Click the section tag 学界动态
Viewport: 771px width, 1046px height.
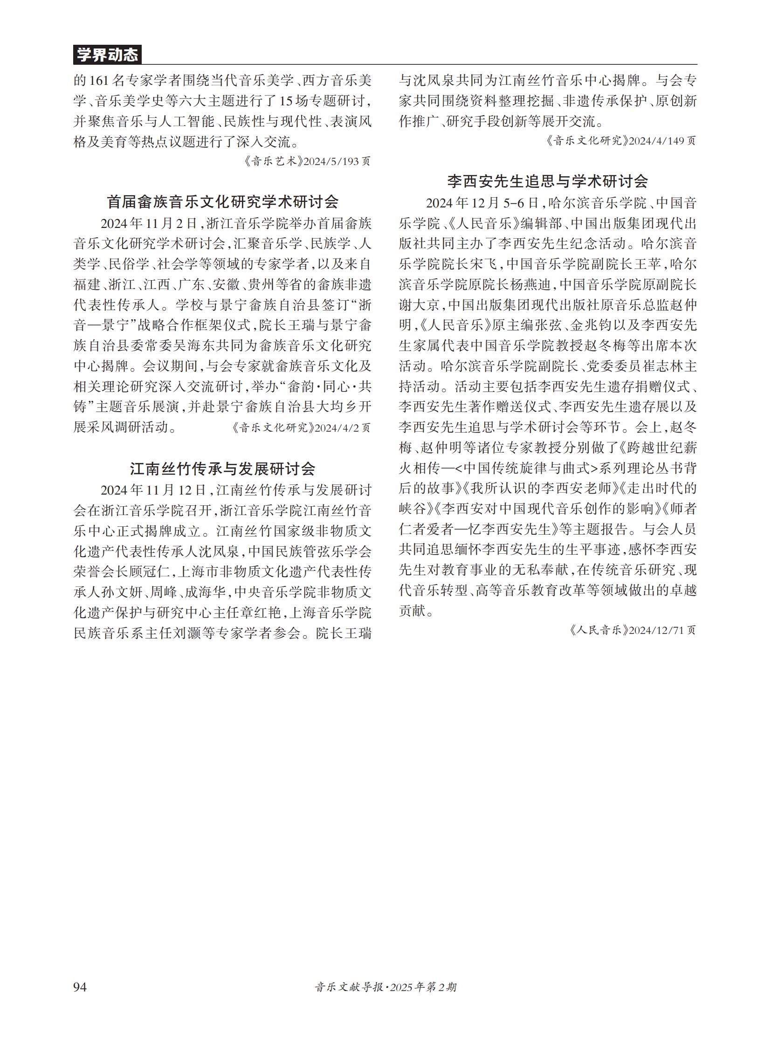coord(107,55)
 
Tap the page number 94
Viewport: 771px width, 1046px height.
coord(80,986)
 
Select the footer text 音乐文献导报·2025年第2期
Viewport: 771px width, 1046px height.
coord(385,987)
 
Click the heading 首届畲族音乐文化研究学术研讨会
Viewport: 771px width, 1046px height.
coord(223,202)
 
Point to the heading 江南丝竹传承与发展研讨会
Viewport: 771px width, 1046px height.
coord(223,468)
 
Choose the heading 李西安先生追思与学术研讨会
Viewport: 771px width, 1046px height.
coord(547,181)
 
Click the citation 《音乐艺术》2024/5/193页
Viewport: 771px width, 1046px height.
coord(307,161)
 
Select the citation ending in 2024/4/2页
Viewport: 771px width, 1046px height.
coord(301,427)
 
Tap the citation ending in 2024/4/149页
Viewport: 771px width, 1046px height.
coord(621,140)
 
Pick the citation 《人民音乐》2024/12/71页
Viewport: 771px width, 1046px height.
coord(633,630)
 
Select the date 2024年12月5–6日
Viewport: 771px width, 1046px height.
coord(482,203)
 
